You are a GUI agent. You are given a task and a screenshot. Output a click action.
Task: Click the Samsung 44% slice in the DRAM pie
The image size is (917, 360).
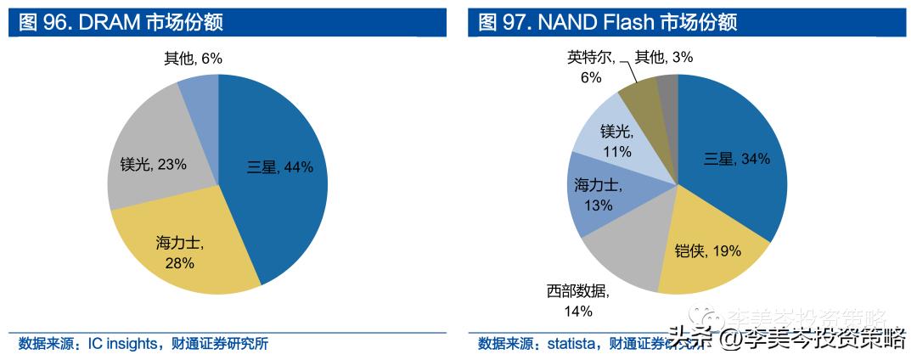click(280, 170)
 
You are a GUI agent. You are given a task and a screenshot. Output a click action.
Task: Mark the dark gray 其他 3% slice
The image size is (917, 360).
click(668, 89)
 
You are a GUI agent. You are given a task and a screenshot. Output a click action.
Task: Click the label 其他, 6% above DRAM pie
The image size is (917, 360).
click(193, 58)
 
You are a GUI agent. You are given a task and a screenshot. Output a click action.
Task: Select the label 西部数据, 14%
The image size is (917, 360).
click(577, 301)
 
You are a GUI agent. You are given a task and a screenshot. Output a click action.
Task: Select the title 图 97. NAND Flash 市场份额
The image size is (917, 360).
click(607, 22)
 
